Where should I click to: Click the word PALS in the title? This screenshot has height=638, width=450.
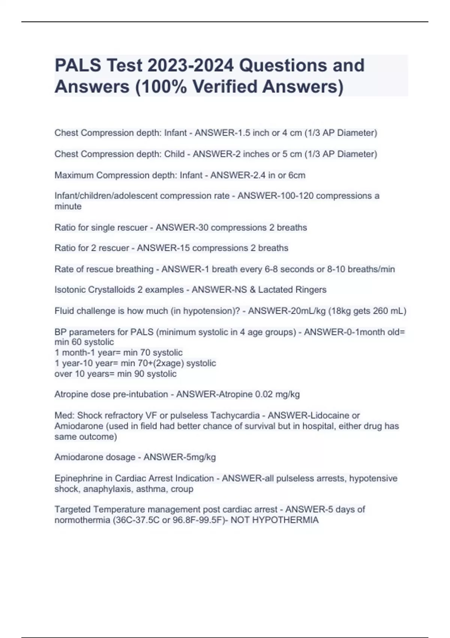coord(78,65)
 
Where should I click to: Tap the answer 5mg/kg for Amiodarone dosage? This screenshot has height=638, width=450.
coord(198,457)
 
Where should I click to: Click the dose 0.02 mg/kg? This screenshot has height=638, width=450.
coord(277,394)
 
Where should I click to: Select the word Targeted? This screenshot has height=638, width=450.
coord(72,510)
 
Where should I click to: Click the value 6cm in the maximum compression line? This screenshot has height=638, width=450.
coord(297,175)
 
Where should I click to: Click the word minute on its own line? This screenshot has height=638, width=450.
coord(68,206)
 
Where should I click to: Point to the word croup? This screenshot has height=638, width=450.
coord(182,489)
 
